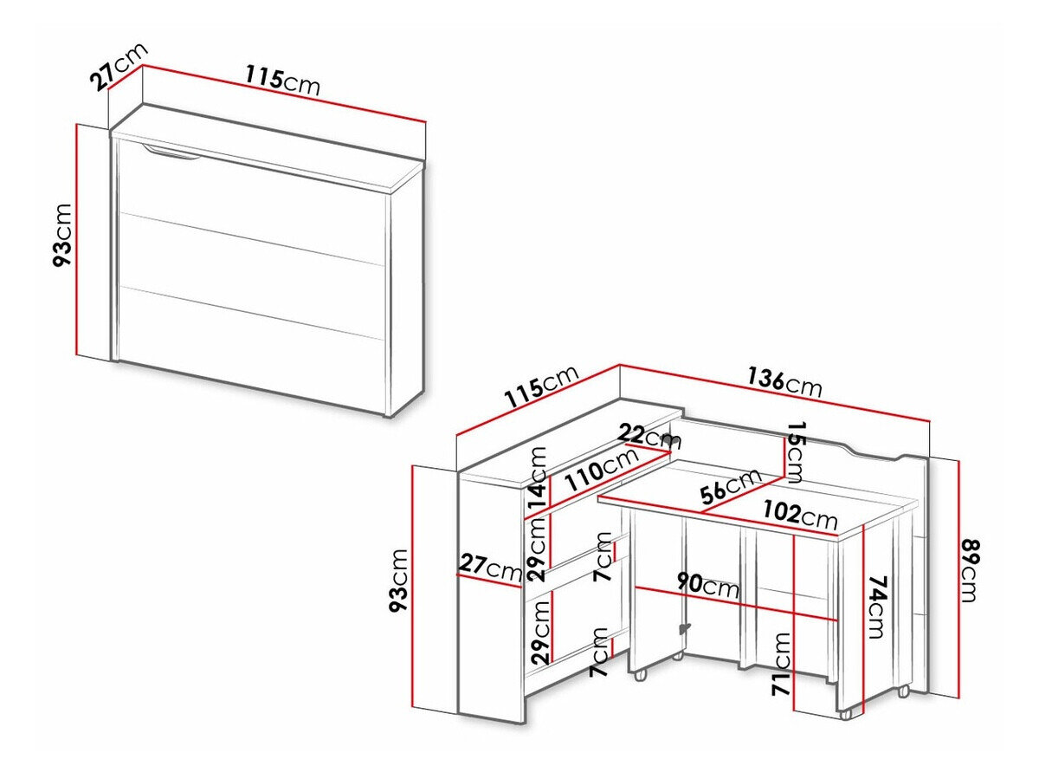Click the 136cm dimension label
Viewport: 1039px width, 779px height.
784,382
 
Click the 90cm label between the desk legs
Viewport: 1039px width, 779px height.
707,586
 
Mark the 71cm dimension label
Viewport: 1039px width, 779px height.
781,665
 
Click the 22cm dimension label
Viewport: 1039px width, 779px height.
651,435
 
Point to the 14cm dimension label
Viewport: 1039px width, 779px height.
539,478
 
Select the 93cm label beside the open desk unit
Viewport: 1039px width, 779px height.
398,580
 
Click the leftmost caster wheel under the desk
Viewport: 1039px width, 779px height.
641,673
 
